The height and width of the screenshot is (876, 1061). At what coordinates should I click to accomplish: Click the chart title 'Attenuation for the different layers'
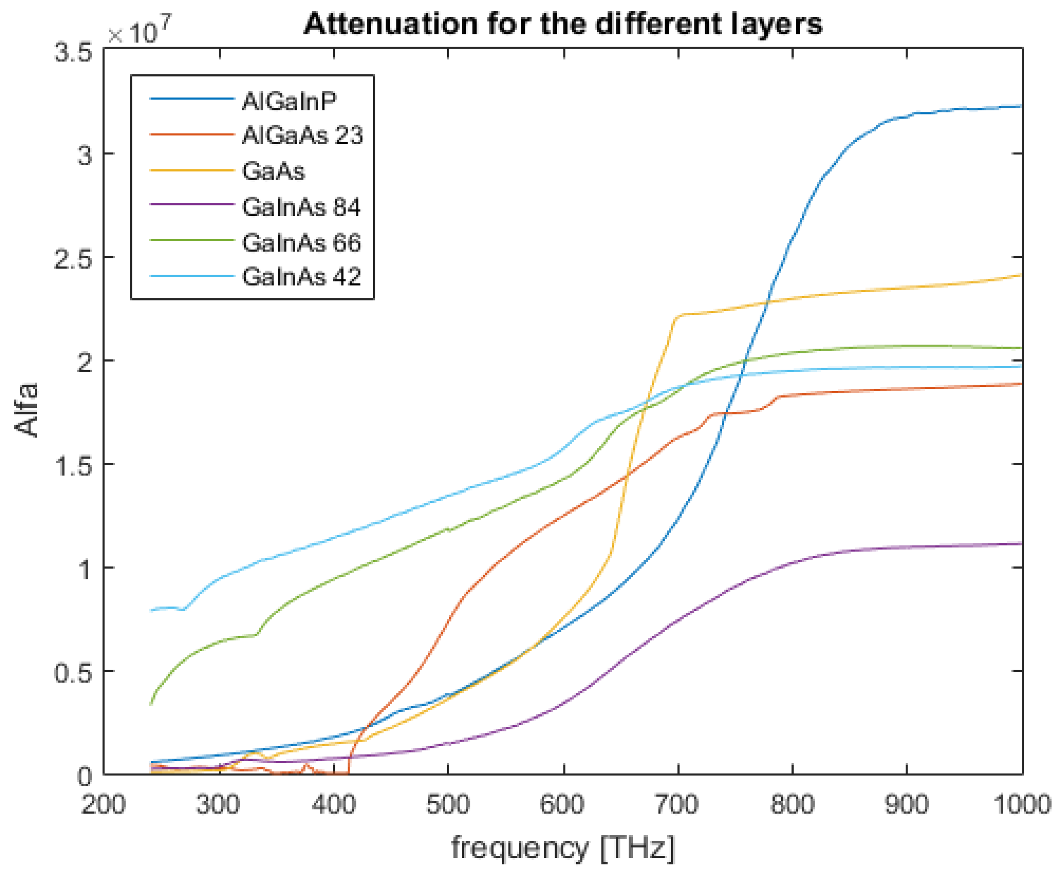tap(562, 24)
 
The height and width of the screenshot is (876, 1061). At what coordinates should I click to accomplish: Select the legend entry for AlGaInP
tap(289, 101)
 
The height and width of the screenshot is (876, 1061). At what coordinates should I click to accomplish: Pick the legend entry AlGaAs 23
tap(302, 135)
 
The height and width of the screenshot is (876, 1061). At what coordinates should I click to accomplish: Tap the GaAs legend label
tap(273, 171)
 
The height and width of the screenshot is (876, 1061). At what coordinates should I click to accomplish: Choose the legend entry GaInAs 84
tap(301, 207)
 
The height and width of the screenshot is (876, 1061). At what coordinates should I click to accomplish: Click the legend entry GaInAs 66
tap(301, 243)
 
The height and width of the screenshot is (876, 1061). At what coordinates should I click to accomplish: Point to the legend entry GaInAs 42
tap(301, 276)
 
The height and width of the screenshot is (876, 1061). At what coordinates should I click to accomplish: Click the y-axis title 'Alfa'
tap(26, 410)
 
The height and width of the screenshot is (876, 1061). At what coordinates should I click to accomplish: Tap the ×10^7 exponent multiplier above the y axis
tap(139, 31)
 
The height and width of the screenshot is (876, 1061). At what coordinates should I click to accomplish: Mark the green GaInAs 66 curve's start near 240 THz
tap(151, 704)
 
